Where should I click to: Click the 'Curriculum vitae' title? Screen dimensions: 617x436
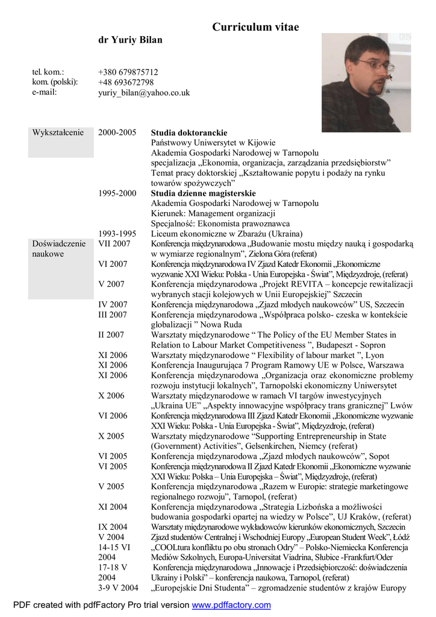click(x=255, y=27)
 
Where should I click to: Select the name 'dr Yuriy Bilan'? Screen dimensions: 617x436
click(x=130, y=40)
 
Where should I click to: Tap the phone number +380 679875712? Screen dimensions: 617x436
click(x=128, y=72)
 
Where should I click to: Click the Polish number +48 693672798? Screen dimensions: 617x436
click(x=126, y=82)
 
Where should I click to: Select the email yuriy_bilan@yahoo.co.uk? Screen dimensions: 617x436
click(x=144, y=93)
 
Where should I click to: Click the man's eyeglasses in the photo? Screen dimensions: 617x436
click(x=375, y=64)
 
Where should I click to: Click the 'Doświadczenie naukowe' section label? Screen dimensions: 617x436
click(x=59, y=248)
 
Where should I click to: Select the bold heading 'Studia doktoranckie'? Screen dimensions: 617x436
click(x=189, y=133)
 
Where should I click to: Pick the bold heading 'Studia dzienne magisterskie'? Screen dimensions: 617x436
click(x=203, y=193)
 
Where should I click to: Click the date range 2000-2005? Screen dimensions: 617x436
click(x=117, y=133)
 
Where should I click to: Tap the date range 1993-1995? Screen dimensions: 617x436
click(x=117, y=234)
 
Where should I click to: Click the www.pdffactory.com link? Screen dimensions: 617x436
click(x=231, y=605)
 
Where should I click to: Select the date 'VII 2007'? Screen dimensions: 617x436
click(x=114, y=243)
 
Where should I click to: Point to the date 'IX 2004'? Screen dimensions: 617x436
click(x=113, y=527)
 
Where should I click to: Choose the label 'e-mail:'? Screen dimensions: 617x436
click(x=45, y=93)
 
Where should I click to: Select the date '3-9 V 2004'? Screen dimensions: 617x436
click(x=118, y=588)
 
